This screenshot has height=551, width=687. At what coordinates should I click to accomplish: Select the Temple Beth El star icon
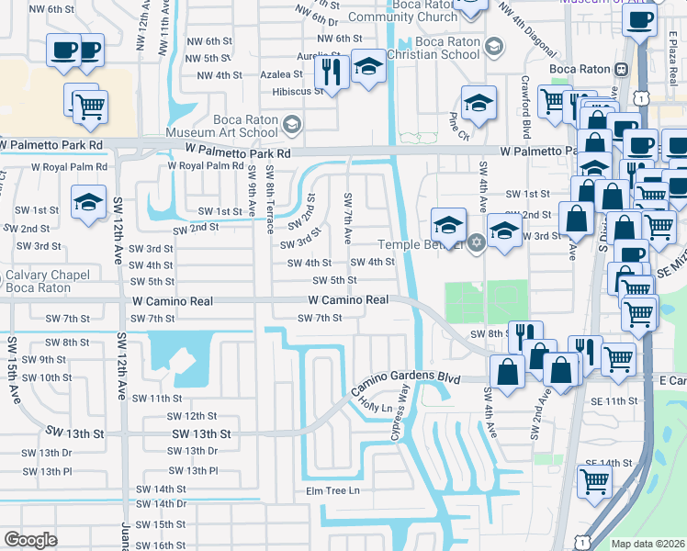[475, 243]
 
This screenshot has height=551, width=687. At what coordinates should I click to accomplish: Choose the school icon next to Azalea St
[368, 67]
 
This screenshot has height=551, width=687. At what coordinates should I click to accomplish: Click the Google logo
[30, 540]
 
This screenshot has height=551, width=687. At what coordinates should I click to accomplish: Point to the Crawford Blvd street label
[527, 103]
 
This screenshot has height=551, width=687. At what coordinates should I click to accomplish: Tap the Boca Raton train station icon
[622, 69]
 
